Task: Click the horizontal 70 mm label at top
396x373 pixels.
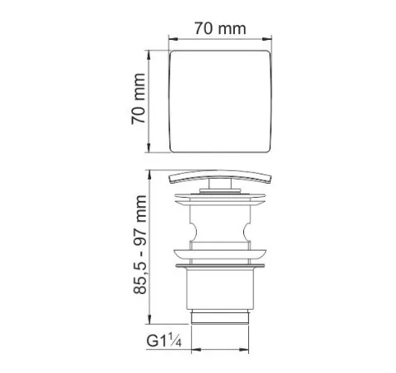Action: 220,27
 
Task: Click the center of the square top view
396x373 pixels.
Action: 220,101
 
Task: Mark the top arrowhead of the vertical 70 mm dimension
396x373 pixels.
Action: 150,52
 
